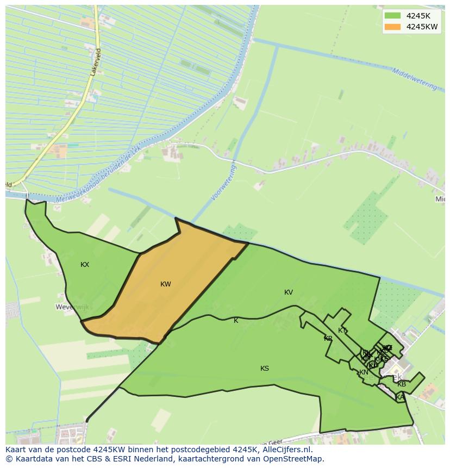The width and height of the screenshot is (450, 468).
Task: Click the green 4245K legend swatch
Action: (x=392, y=16)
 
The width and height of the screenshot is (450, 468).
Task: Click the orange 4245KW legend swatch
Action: (x=392, y=27)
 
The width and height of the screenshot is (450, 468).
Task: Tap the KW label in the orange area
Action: (x=166, y=284)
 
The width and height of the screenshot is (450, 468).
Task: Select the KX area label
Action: (x=85, y=265)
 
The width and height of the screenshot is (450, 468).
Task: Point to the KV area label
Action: (x=289, y=292)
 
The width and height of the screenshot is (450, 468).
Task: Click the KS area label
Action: (x=265, y=369)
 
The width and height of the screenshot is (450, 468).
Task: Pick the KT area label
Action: (x=342, y=330)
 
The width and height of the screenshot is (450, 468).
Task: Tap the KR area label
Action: (x=328, y=339)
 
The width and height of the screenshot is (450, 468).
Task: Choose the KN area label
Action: (x=364, y=372)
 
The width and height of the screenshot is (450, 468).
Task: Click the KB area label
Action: (x=402, y=384)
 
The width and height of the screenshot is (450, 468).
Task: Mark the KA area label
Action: (x=401, y=397)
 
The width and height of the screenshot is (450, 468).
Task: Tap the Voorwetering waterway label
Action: (x=224, y=183)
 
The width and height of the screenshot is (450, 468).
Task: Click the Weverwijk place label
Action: (x=72, y=307)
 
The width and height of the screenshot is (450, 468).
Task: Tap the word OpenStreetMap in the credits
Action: (x=294, y=459)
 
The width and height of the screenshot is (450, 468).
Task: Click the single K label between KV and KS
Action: (x=236, y=321)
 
